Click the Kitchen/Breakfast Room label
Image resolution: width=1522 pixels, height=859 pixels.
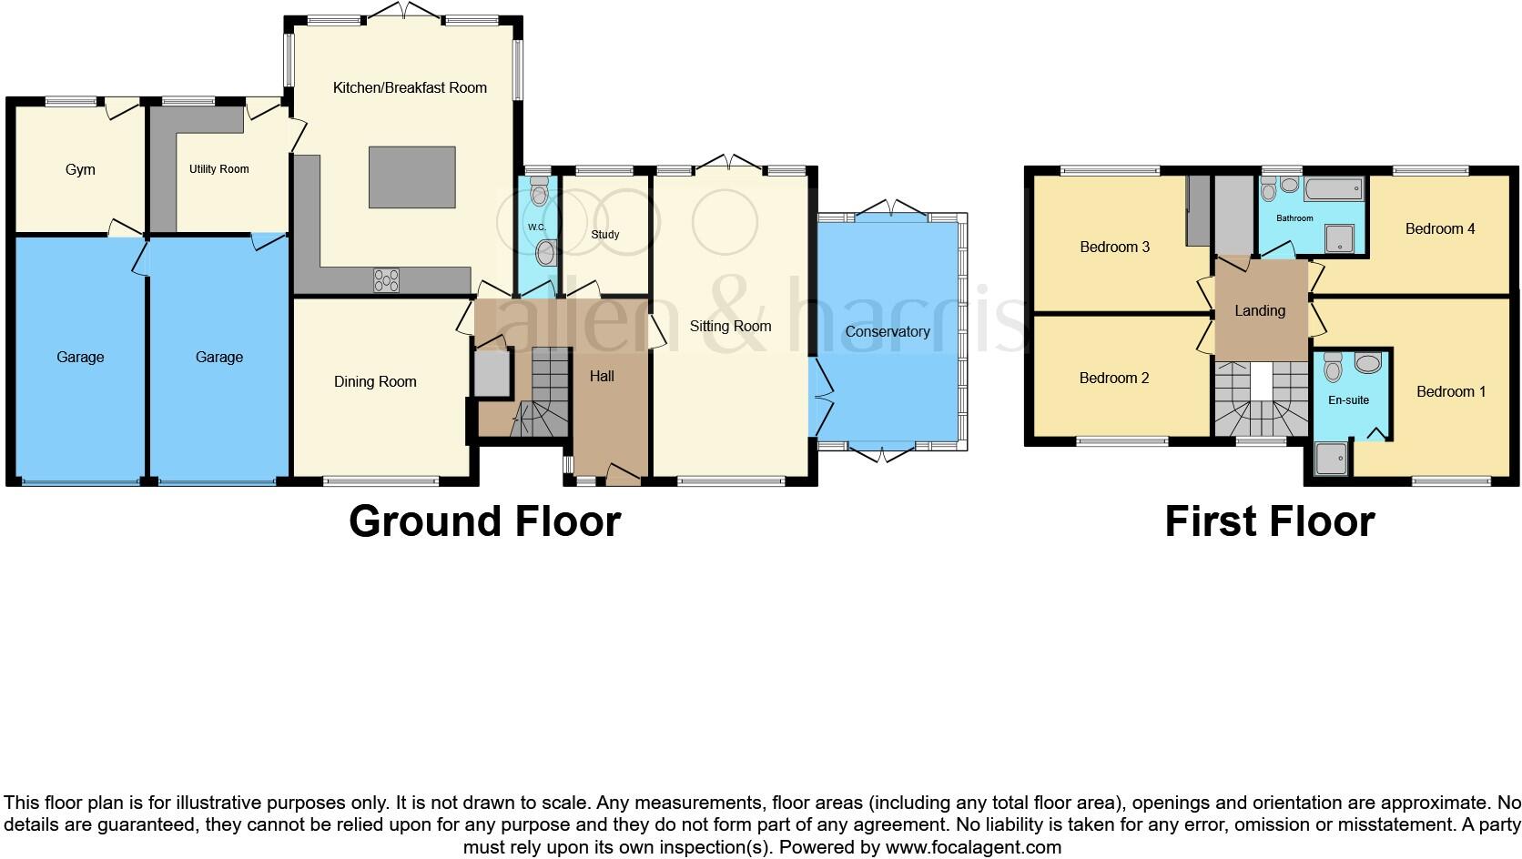(x=410, y=88)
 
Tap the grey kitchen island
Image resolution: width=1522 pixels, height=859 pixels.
(x=411, y=177)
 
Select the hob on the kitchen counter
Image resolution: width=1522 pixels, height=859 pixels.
(x=386, y=280)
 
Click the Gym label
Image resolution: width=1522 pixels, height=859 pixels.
(x=80, y=170)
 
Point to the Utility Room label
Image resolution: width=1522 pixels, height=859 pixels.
(x=218, y=169)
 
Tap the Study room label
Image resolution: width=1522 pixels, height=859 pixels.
(x=605, y=235)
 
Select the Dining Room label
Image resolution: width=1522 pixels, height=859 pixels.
(x=375, y=382)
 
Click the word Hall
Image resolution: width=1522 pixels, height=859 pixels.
(x=602, y=377)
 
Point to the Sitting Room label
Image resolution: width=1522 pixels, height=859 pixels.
(x=730, y=327)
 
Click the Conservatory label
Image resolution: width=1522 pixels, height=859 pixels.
(x=888, y=332)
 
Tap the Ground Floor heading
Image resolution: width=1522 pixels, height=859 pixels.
(x=484, y=521)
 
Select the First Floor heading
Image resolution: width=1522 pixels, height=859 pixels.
(x=1269, y=521)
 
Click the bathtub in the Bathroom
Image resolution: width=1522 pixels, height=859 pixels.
(x=1333, y=189)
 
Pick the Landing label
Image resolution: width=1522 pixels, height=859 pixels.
(x=1260, y=311)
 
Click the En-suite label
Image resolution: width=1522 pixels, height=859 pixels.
(x=1348, y=400)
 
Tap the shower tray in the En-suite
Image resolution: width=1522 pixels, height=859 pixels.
(x=1330, y=460)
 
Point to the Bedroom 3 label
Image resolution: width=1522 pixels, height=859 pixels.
(x=1115, y=248)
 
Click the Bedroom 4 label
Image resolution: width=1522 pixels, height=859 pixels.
(x=1440, y=229)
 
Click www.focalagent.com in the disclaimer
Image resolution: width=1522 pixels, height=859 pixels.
(x=973, y=848)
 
